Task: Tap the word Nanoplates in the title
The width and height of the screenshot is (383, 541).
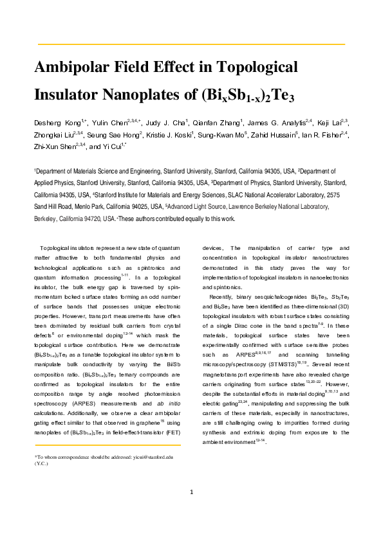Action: pos(147,95)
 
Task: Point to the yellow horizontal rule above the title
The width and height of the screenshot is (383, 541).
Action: pos(192,44)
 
